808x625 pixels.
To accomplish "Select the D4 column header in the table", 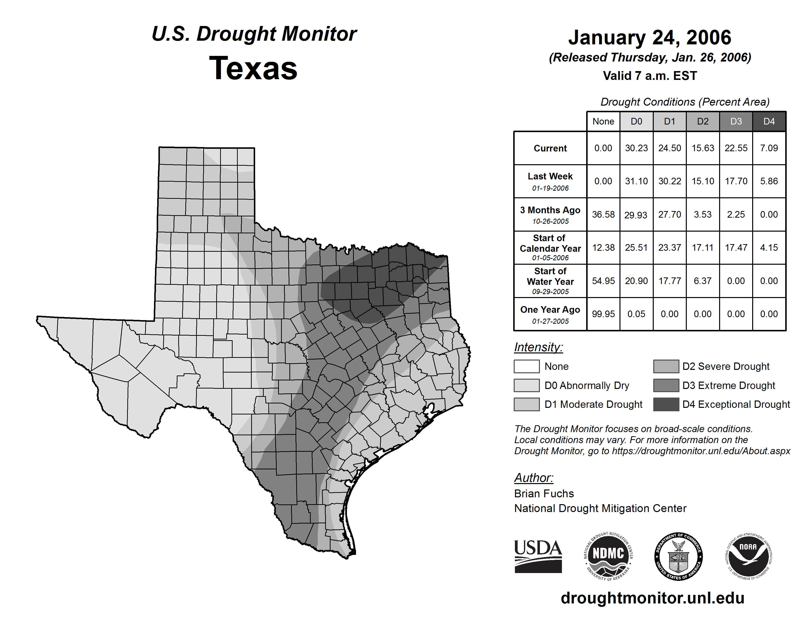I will tap(769, 121).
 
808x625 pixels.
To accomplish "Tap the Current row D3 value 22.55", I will tap(736, 148).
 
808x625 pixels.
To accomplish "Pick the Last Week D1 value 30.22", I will tap(670, 181).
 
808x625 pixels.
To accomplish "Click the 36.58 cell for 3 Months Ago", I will tap(603, 215).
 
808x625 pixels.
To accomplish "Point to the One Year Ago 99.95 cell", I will tap(603, 314).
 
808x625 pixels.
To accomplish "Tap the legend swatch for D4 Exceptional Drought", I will tap(666, 404).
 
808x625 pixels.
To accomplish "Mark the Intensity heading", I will tap(538, 347).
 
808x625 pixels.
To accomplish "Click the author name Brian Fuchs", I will tap(544, 494).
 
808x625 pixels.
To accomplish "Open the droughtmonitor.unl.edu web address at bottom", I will tap(652, 598).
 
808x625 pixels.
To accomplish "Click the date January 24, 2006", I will tap(650, 38).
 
